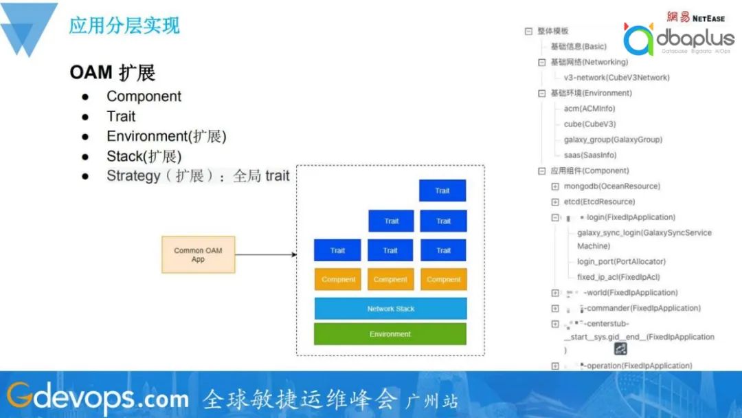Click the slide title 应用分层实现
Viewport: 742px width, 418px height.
124,25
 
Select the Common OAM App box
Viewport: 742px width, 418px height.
198,255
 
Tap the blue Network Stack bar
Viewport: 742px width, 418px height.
390,309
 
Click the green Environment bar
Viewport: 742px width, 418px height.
390,334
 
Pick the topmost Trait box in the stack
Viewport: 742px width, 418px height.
442,190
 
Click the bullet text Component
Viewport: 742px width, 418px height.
144,96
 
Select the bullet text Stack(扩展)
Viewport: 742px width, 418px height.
144,156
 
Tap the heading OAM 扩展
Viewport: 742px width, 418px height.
113,72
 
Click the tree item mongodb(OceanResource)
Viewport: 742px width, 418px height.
611,186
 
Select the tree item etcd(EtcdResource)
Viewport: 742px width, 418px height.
599,202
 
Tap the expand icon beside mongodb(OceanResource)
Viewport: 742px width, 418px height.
555,186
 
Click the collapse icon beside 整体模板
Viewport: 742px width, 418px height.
528,31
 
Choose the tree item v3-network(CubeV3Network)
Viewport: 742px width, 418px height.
616,78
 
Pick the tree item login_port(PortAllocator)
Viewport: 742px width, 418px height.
621,262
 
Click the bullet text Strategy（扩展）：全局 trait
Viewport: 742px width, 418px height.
198,176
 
